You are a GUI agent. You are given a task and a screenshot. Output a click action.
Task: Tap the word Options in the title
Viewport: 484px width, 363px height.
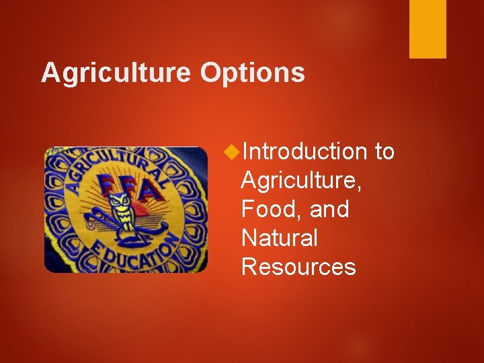click(252, 73)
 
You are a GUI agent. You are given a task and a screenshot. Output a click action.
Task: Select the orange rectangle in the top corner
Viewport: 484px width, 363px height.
click(428, 28)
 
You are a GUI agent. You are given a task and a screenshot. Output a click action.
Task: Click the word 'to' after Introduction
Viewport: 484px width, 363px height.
click(385, 152)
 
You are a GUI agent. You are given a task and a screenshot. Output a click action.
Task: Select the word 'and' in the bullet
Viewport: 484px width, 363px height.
click(329, 210)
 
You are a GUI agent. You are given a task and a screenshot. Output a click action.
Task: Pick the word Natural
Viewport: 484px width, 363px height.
click(279, 238)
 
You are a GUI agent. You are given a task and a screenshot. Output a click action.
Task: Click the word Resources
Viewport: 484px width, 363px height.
click(298, 267)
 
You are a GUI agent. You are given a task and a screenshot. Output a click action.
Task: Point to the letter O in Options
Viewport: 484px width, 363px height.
click(210, 73)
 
